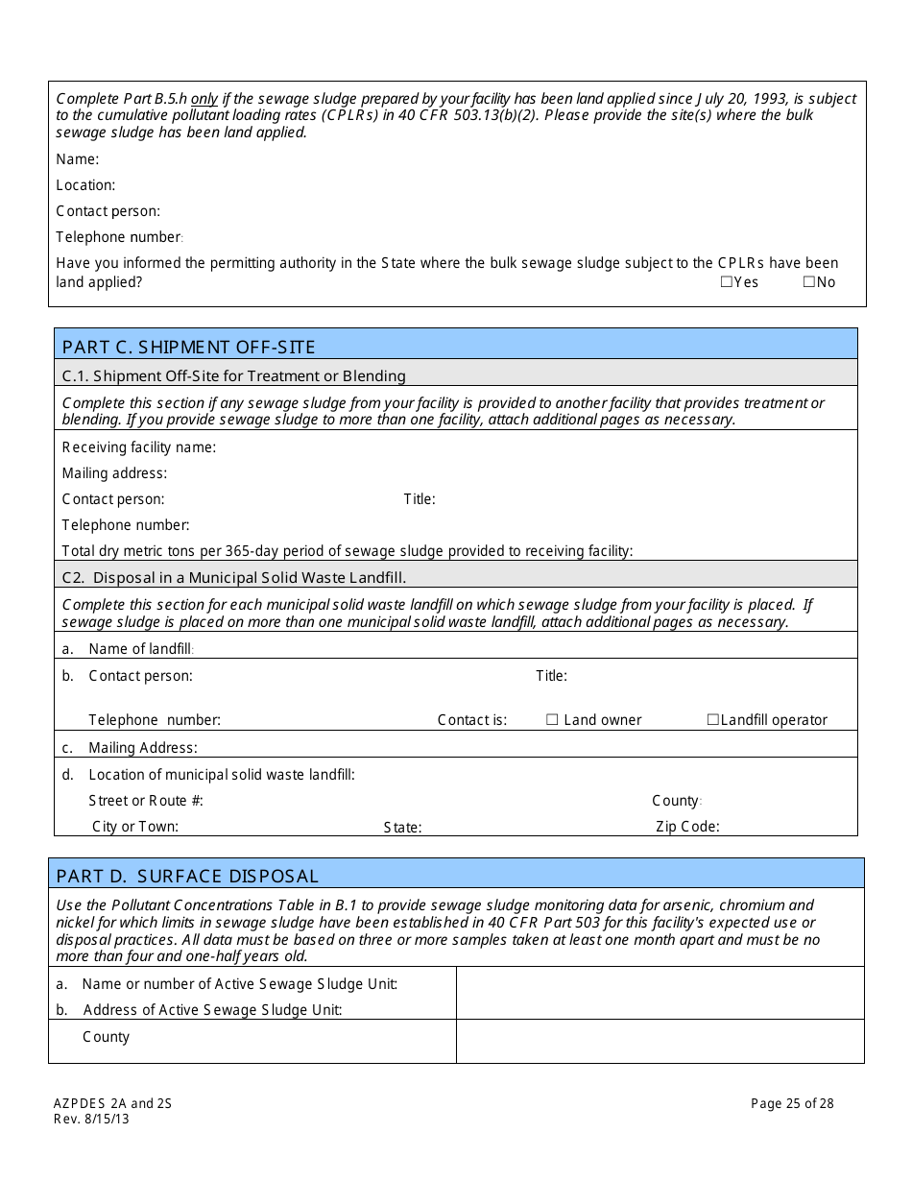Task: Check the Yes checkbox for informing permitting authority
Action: (x=727, y=282)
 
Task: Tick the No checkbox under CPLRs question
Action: (x=808, y=282)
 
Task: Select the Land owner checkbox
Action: (x=552, y=720)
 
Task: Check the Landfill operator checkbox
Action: (x=713, y=720)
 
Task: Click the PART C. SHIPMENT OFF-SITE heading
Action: (x=188, y=347)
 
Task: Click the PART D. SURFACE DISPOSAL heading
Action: (x=187, y=876)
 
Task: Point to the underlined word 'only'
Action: (x=204, y=99)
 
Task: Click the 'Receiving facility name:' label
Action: (x=139, y=447)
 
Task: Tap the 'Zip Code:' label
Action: (x=687, y=827)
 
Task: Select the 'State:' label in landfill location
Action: (x=402, y=828)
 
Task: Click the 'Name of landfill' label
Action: (x=140, y=649)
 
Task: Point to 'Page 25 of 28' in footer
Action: (x=792, y=1103)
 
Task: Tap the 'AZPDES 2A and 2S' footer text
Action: (x=111, y=1103)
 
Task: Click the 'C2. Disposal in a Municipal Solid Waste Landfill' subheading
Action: (x=234, y=578)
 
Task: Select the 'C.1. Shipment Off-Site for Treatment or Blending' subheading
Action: (x=234, y=376)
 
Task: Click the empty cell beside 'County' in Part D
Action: (x=660, y=1041)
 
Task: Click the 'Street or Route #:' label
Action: (x=146, y=801)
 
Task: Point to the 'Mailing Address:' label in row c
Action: (x=143, y=748)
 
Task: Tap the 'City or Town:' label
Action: (x=135, y=827)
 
